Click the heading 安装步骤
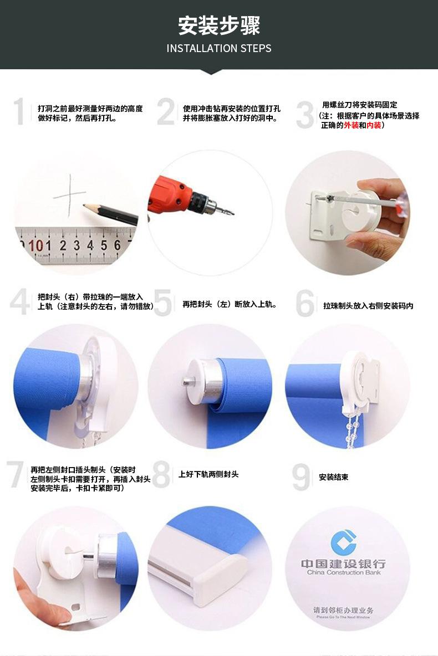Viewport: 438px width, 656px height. (219, 25)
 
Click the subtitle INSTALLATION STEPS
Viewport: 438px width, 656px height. (219, 49)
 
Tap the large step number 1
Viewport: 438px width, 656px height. (19, 112)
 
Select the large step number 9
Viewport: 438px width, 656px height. (301, 477)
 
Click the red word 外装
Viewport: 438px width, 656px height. (352, 125)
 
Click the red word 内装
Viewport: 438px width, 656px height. (374, 125)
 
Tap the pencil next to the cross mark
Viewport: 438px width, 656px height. (110, 214)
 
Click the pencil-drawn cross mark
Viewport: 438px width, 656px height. (70, 195)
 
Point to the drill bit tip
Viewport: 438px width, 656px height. (232, 213)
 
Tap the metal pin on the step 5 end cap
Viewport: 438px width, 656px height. (186, 381)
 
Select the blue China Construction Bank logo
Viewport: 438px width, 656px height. (343, 542)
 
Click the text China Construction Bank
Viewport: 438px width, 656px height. (344, 572)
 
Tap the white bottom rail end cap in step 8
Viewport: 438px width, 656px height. (218, 579)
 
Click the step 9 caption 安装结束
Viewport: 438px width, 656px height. (333, 477)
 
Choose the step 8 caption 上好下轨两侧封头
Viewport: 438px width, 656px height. (208, 474)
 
